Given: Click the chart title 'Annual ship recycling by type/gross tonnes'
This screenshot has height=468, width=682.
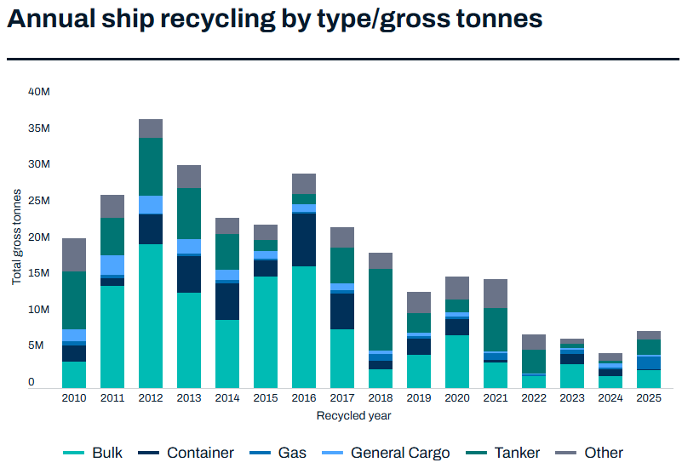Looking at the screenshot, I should [x=274, y=20].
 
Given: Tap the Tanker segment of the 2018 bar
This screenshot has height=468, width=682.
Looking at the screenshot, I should [x=381, y=309].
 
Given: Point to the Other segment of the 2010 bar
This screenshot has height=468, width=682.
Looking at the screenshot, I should [x=74, y=254].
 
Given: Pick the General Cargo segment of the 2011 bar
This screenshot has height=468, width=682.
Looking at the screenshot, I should [x=112, y=265].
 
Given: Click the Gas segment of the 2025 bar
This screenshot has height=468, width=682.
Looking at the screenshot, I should [x=649, y=362].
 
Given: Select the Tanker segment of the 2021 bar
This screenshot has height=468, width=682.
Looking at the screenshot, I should [x=496, y=328].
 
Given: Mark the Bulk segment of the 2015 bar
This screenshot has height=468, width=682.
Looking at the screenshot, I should [x=266, y=331].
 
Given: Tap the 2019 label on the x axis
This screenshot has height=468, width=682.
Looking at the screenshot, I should [x=419, y=397].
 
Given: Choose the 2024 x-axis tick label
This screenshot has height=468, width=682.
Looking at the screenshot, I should [x=610, y=397].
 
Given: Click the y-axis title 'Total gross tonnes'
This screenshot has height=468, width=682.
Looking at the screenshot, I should [x=16, y=237].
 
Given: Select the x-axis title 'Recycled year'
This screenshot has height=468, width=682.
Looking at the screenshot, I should [x=353, y=416].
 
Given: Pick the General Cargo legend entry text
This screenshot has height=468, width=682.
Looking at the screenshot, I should [x=400, y=454].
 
